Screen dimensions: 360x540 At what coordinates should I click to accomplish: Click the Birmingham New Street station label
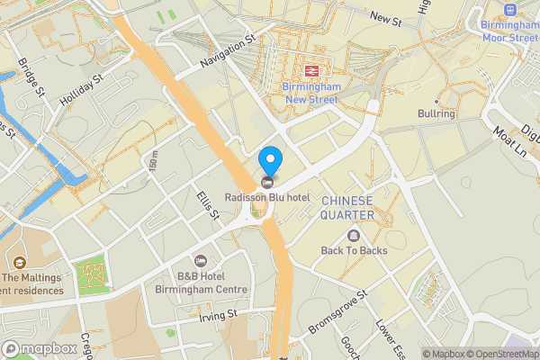310,93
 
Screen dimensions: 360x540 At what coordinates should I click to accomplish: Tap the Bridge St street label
31,77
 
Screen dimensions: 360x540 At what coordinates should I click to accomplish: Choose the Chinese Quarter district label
347,207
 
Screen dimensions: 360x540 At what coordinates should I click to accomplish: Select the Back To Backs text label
355,250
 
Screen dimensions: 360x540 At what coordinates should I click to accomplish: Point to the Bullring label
438,114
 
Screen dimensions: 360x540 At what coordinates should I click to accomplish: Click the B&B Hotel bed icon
201,260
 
